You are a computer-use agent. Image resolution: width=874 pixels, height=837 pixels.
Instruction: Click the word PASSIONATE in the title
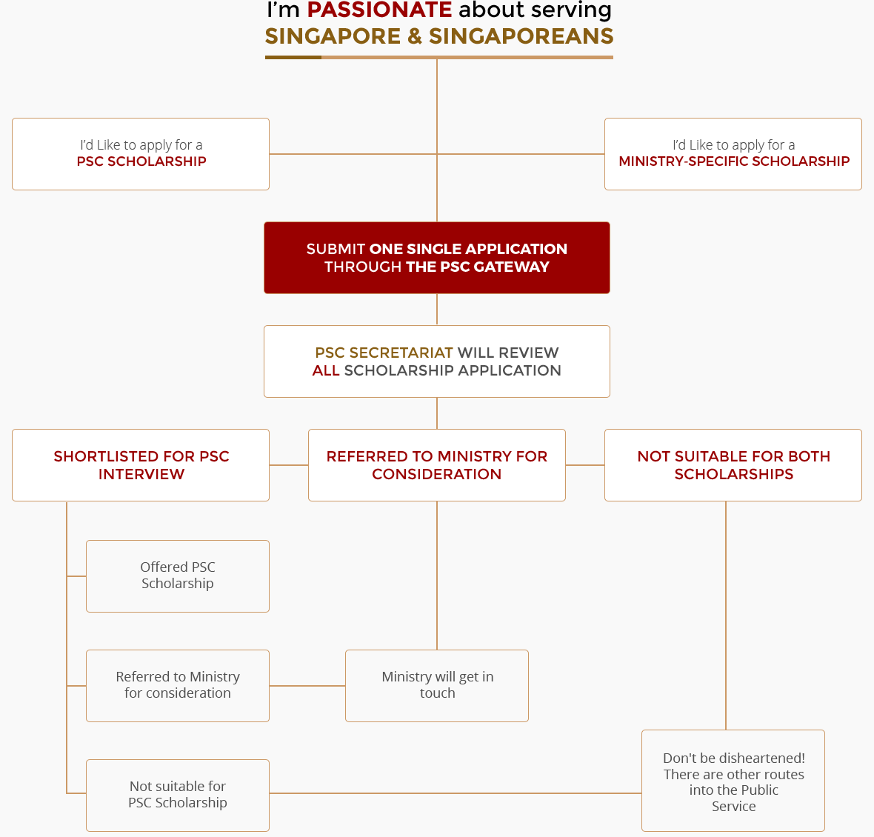(379, 10)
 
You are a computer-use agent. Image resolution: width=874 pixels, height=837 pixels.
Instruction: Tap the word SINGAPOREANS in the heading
(521, 36)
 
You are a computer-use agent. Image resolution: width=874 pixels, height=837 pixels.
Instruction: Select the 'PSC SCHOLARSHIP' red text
(141, 161)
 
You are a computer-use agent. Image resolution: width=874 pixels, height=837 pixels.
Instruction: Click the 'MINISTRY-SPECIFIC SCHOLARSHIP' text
(734, 161)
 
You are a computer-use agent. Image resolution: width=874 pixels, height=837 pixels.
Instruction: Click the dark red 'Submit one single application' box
(437, 258)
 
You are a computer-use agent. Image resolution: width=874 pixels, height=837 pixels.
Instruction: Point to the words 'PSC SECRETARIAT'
(384, 353)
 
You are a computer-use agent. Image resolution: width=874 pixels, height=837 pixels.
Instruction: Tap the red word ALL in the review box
(326, 370)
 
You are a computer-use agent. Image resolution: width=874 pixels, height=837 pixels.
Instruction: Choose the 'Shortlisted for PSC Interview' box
(141, 465)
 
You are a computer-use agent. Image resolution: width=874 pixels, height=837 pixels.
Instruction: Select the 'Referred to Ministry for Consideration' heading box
(437, 465)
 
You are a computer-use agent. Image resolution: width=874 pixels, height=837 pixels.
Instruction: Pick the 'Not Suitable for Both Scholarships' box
(733, 465)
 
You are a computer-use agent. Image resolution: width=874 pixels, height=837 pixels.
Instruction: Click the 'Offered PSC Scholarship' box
(178, 576)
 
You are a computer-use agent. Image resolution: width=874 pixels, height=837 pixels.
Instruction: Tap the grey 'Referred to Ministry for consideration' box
(178, 686)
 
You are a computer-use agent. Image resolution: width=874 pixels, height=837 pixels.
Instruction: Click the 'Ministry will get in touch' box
(437, 686)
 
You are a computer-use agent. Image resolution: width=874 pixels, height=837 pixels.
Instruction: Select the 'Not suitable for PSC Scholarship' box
(178, 796)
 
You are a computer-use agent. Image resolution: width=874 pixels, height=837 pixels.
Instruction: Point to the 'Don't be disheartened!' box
(733, 781)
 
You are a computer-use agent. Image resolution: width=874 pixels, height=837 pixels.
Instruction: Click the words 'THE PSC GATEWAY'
(478, 267)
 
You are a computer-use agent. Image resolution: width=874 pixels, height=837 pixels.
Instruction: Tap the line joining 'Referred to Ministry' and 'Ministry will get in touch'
(307, 686)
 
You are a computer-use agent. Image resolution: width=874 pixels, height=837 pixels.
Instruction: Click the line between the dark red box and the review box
(437, 310)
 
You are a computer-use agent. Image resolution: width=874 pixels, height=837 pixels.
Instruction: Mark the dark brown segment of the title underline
(293, 57)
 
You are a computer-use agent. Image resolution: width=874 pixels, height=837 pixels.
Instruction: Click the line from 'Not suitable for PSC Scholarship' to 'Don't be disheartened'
(456, 793)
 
